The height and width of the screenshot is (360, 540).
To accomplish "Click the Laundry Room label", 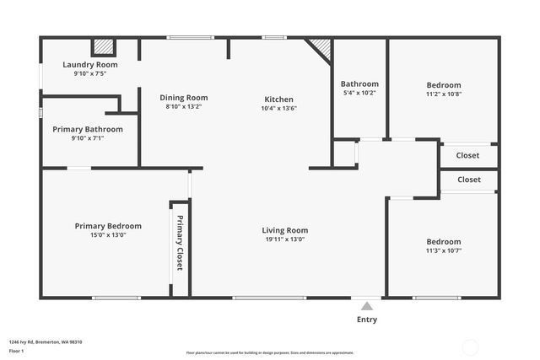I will pyautogui.click(x=90, y=64).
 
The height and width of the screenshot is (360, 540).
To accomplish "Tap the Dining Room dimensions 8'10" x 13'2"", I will pyautogui.click(x=184, y=107).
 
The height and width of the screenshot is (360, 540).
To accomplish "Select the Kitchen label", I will pyautogui.click(x=278, y=99).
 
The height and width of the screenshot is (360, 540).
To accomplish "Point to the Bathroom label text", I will pyautogui.click(x=359, y=83).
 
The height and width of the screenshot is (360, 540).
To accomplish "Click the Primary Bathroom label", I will pyautogui.click(x=88, y=129).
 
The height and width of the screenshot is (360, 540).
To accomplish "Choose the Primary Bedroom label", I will pyautogui.click(x=108, y=226).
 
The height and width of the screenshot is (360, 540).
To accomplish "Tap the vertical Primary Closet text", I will pyautogui.click(x=179, y=243).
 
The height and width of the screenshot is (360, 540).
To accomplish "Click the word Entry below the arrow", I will pyautogui.click(x=367, y=320).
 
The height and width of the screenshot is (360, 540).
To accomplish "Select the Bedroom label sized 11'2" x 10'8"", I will pyautogui.click(x=444, y=85).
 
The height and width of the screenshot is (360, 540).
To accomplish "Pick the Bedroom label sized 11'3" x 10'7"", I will pyautogui.click(x=444, y=241).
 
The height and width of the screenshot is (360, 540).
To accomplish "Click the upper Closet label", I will pyautogui.click(x=468, y=155).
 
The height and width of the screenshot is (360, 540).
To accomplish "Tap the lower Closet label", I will pyautogui.click(x=469, y=180).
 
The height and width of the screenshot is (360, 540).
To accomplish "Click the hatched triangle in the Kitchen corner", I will pyautogui.click(x=321, y=46).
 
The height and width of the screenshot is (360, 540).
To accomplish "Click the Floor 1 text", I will pyautogui.click(x=16, y=349).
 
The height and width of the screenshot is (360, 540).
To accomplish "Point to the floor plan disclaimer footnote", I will pyautogui.click(x=270, y=352).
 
